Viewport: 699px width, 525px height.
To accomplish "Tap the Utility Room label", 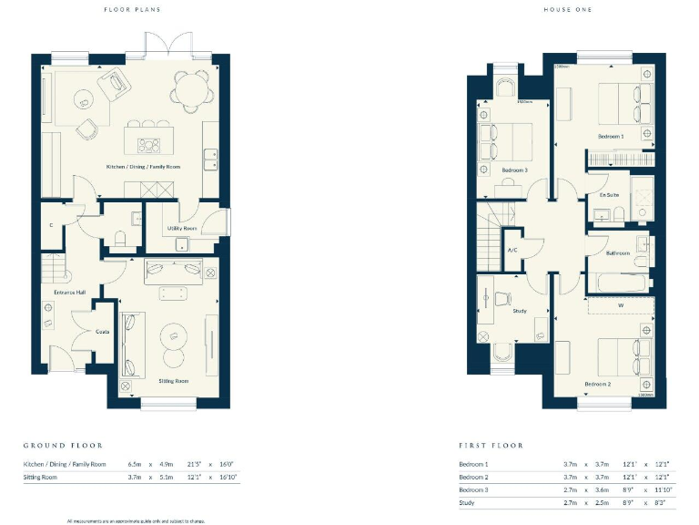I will click(182, 228).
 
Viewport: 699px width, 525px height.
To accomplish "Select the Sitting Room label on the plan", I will click(174, 380).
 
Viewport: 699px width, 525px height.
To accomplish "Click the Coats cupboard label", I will click(103, 331).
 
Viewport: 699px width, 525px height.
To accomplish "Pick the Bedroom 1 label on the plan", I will click(610, 137).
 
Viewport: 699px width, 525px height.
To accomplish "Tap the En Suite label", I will click(609, 195).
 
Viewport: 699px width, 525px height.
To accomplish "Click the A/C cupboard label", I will click(512, 250).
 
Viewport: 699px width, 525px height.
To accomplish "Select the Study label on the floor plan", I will click(520, 311).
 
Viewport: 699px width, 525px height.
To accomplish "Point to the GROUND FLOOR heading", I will click(63, 446).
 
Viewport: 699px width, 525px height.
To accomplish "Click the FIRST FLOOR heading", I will click(491, 446).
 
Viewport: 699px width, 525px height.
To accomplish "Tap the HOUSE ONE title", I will click(564, 11).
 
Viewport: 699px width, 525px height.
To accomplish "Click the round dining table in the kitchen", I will click(188, 89).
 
